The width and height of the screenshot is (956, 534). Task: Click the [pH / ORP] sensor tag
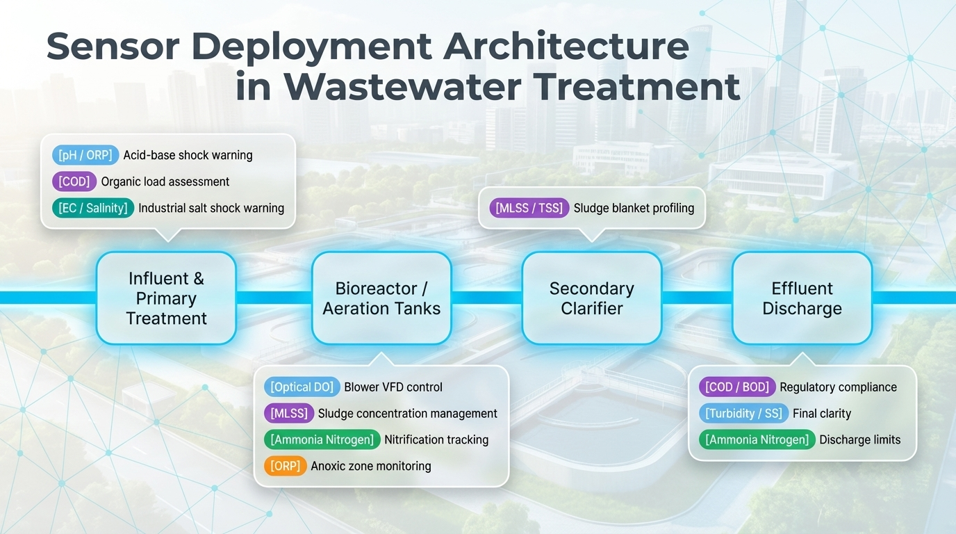pyautogui.click(x=85, y=155)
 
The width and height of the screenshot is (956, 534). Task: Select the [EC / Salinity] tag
pyautogui.click(x=93, y=208)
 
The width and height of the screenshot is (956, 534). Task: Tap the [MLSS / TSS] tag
pyautogui.click(x=529, y=208)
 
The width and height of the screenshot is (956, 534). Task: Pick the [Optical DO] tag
pyautogui.click(x=302, y=387)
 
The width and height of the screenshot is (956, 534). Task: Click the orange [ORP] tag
pyautogui.click(x=286, y=466)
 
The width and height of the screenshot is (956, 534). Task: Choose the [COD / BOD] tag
pyautogui.click(x=736, y=387)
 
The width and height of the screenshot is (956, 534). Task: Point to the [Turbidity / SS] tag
pyautogui.click(x=743, y=414)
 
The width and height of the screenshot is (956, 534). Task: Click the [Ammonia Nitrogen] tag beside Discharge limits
pyautogui.click(x=757, y=439)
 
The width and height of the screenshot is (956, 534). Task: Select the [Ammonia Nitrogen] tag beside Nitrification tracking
pyautogui.click(x=322, y=439)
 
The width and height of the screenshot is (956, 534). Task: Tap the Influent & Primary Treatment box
pyautogui.click(x=166, y=298)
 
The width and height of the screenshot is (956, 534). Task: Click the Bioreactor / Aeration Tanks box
pyautogui.click(x=381, y=298)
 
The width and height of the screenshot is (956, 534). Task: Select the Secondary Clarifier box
pyautogui.click(x=591, y=298)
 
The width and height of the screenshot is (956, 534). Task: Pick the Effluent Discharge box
pyautogui.click(x=802, y=298)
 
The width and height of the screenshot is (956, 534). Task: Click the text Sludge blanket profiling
pyautogui.click(x=634, y=208)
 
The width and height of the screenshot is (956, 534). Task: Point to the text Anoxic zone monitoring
pyautogui.click(x=370, y=466)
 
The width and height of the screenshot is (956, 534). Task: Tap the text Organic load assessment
pyautogui.click(x=165, y=181)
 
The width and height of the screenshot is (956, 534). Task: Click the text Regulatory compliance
pyautogui.click(x=838, y=387)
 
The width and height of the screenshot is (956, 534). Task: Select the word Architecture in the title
pyautogui.click(x=566, y=47)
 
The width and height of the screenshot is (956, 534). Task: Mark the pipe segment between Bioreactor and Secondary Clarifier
pyautogui.click(x=486, y=298)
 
